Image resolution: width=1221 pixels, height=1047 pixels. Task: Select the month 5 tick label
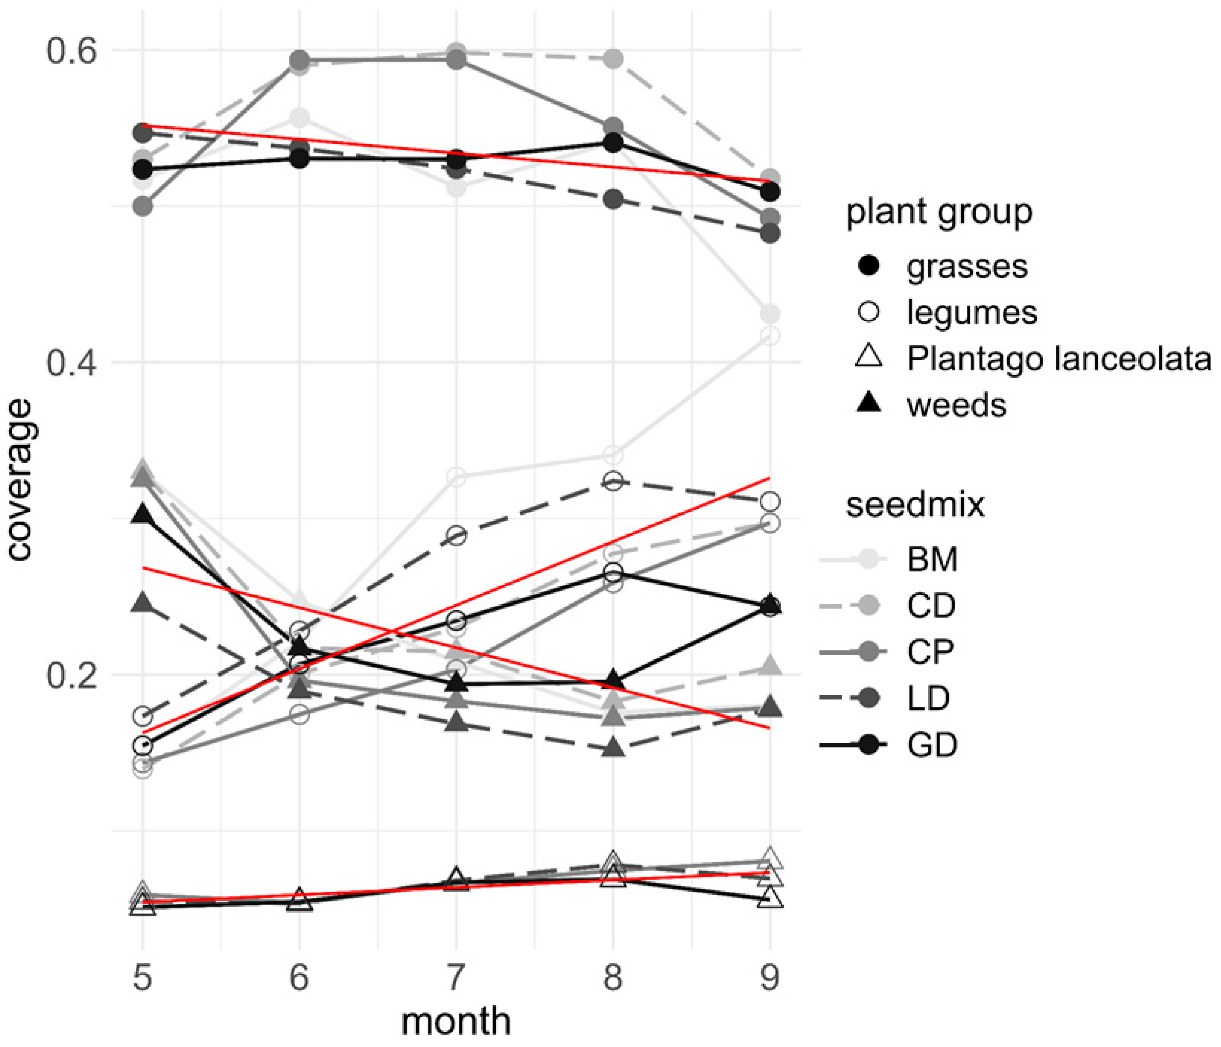(x=142, y=978)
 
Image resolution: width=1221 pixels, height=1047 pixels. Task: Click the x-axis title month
(x=455, y=1022)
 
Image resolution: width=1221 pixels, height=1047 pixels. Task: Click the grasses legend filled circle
(x=869, y=266)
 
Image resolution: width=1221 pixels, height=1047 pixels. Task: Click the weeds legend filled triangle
(x=869, y=404)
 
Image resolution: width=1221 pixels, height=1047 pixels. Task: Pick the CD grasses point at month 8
(x=613, y=58)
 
